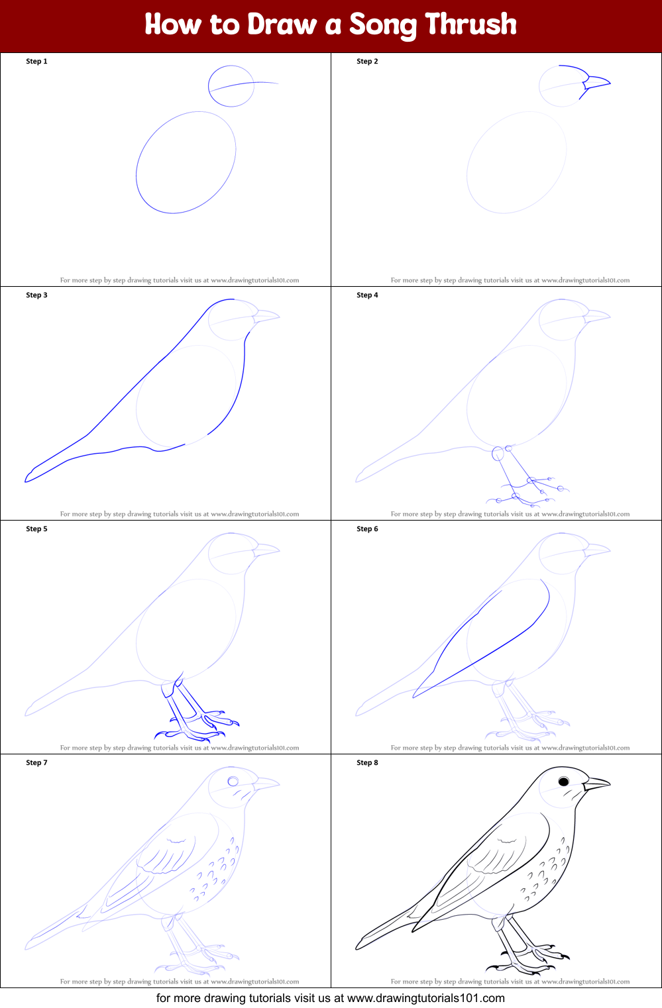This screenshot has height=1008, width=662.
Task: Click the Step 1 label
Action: (x=36, y=62)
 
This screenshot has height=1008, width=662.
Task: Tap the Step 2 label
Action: (x=367, y=62)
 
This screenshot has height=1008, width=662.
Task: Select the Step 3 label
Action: (x=36, y=295)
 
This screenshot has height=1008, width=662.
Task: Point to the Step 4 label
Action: (x=367, y=295)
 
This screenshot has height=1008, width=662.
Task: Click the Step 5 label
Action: (x=36, y=529)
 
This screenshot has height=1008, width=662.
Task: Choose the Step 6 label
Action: (x=367, y=529)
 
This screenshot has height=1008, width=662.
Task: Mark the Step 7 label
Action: (x=36, y=763)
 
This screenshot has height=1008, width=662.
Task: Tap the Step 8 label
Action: (x=367, y=763)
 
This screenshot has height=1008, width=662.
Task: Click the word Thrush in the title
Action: (x=470, y=25)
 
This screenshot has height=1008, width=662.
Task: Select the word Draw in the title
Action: (x=282, y=25)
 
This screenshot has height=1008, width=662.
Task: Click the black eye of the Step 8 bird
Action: (x=564, y=781)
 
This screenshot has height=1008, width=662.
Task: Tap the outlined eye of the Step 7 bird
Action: (x=233, y=781)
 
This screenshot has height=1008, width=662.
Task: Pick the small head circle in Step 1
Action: (x=231, y=86)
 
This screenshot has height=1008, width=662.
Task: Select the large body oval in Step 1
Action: (x=186, y=162)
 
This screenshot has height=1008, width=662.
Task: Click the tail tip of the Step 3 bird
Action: (x=28, y=478)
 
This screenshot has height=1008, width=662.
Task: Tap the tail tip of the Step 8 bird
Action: (x=359, y=945)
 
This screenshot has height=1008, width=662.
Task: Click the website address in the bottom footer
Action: (x=425, y=998)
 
